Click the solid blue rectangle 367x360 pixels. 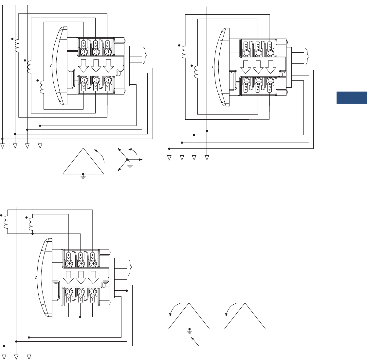click(x=352, y=98)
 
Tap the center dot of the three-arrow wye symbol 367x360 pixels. click(x=127, y=160)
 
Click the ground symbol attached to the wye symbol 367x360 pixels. click(x=130, y=165)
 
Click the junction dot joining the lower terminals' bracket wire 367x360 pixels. click(x=81, y=317)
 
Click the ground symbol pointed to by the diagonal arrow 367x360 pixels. click(x=189, y=331)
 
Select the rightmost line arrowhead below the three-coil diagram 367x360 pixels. click(x=40, y=146)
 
